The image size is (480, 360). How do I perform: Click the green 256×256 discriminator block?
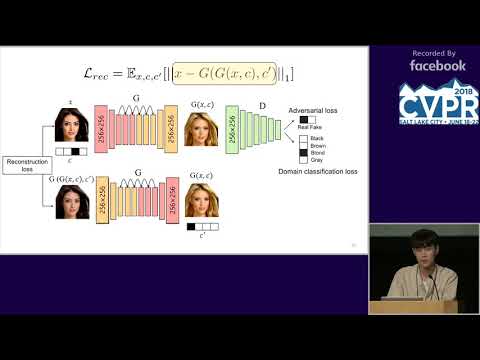click(x=232, y=128)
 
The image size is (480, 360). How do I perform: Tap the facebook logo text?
click(x=437, y=65)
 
